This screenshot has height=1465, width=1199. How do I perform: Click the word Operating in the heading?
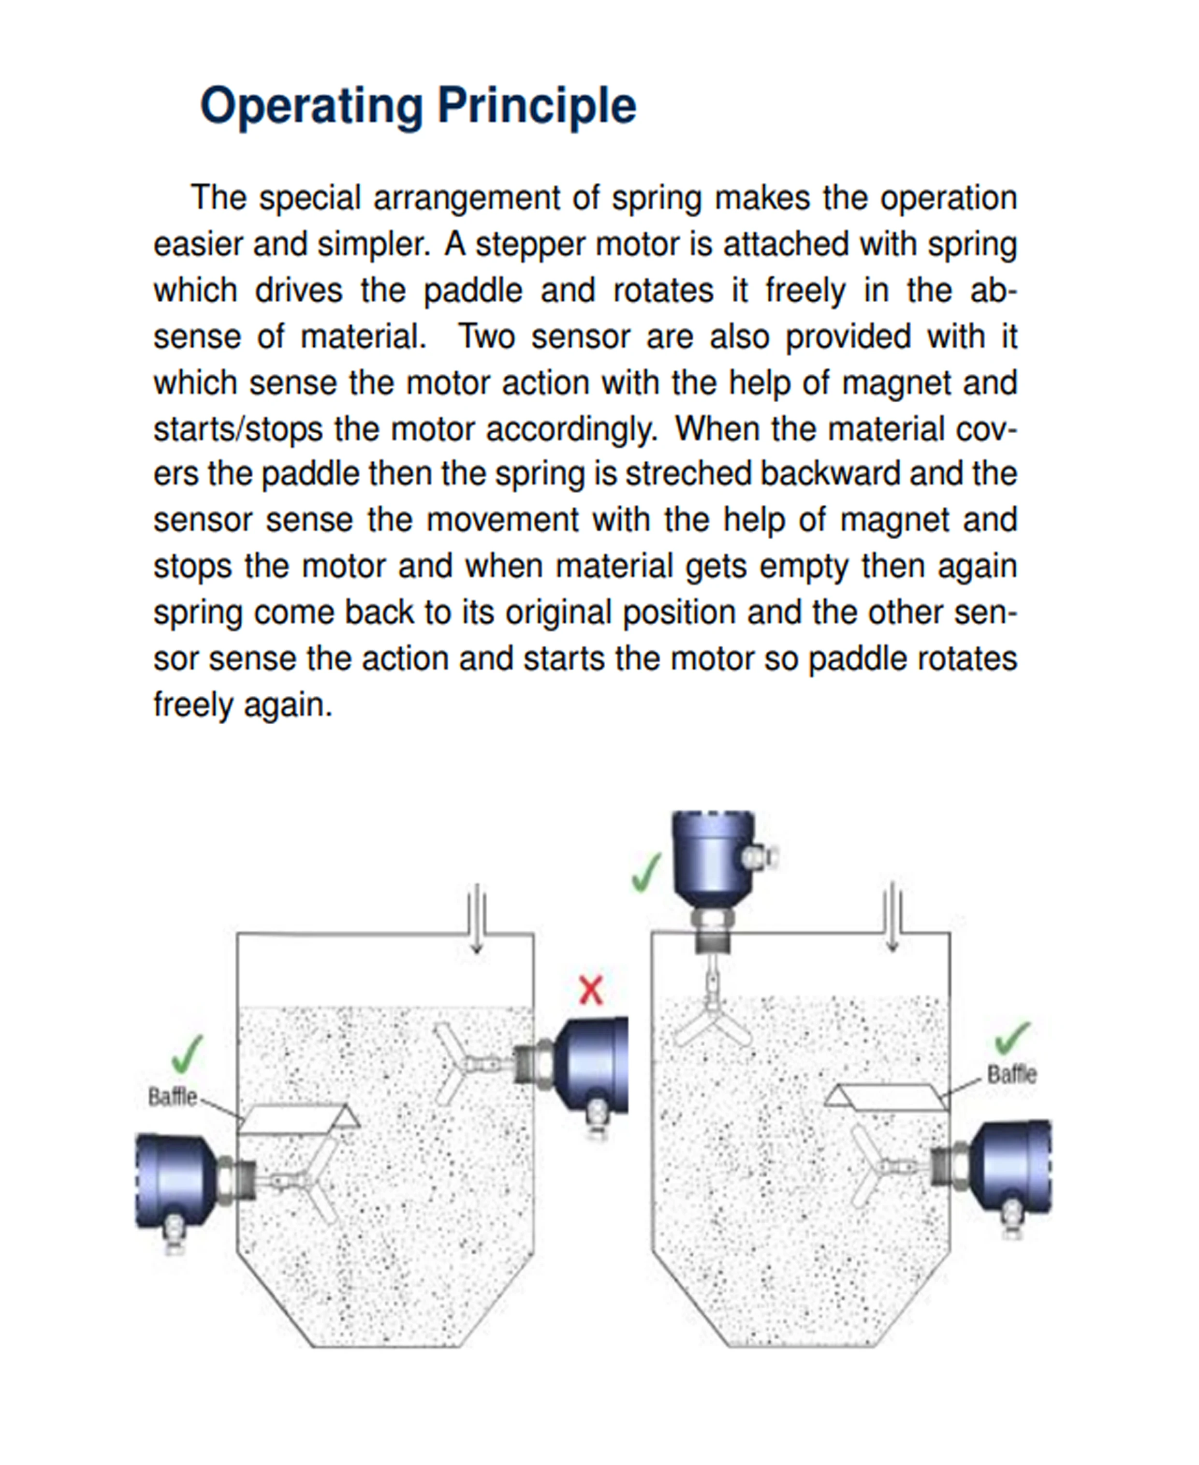311,107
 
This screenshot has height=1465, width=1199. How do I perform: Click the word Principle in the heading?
537,107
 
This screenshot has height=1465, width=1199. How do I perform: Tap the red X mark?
590,990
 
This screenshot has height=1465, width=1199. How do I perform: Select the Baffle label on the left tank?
173,1097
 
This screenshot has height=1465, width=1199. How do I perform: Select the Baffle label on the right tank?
1012,1074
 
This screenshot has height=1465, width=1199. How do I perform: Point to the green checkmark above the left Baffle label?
187,1054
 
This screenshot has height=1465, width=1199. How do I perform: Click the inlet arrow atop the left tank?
477,919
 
